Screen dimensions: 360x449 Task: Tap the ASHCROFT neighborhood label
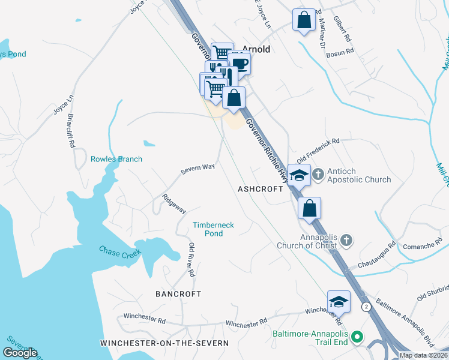(x=260, y=188)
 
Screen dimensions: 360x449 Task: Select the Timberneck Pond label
(x=213, y=229)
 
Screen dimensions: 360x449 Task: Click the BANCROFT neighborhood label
(x=178, y=294)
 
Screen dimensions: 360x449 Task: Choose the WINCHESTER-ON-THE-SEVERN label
(x=164, y=343)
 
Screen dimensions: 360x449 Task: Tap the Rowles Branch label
(x=116, y=159)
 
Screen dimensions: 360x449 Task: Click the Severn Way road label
(x=198, y=170)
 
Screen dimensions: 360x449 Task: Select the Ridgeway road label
(x=174, y=203)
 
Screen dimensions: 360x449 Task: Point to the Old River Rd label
(x=191, y=260)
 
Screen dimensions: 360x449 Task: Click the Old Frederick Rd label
(x=318, y=146)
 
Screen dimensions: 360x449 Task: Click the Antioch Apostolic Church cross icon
(x=318, y=174)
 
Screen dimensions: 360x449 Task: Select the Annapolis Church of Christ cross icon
(x=346, y=240)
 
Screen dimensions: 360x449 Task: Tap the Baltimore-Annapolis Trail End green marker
(x=357, y=337)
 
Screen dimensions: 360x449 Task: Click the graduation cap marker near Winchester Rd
(x=339, y=302)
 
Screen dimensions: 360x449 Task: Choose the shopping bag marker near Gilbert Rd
(x=304, y=20)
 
